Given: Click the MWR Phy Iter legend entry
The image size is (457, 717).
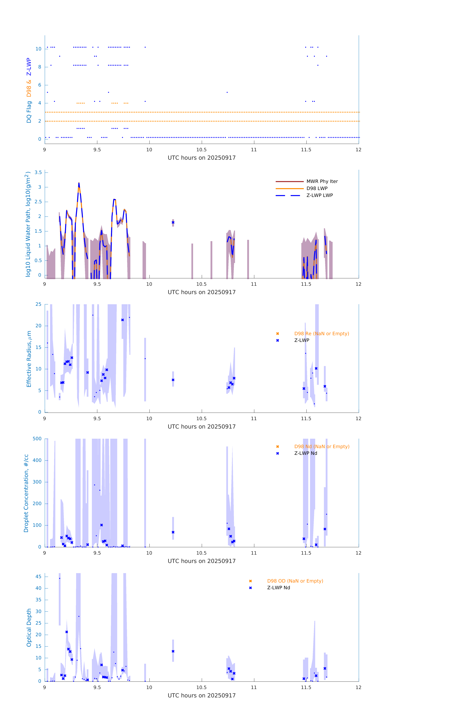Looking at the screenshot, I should (322, 181).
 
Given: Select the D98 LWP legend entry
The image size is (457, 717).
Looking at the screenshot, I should (317, 188).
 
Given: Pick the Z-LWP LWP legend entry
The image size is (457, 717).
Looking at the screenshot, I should (319, 195).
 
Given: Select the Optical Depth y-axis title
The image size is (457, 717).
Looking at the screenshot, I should (29, 628).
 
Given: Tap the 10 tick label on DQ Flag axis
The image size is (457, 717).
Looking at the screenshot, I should (38, 49).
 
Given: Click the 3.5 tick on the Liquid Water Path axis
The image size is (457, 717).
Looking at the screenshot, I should (38, 172).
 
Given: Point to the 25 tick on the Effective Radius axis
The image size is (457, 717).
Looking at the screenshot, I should (38, 304).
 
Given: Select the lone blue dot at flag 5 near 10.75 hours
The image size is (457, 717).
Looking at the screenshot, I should (227, 92).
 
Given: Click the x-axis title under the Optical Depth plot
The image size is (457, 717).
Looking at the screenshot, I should (202, 696).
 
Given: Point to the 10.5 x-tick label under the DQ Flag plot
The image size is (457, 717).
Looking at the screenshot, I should (202, 150).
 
